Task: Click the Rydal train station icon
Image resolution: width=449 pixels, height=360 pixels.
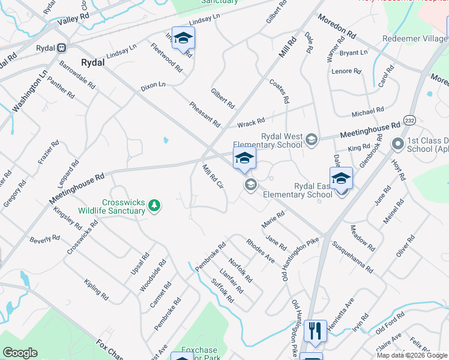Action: tap(61, 48)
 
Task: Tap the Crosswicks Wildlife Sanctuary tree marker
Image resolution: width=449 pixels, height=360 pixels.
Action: tap(155, 206)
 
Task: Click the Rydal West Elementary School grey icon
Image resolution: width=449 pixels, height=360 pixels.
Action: tap(311, 140)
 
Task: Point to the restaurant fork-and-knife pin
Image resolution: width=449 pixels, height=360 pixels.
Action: tap(315, 331)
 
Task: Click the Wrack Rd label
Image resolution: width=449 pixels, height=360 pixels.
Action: tap(251, 124)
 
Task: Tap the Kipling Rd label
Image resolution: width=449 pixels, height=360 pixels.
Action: tap(96, 289)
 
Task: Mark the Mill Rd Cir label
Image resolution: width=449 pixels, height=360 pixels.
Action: tap(213, 176)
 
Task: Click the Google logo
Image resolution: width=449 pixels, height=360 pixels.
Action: tap(20, 353)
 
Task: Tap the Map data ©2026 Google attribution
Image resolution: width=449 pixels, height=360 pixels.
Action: tap(411, 355)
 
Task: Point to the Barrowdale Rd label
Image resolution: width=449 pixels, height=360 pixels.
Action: tap(77, 74)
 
